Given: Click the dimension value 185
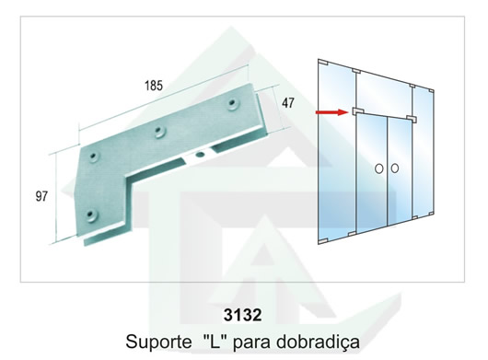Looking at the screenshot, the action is point(154,86).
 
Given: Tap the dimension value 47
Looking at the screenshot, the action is point(287,103).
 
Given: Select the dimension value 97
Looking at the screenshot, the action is point(41,196).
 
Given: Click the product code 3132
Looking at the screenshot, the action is point(242,315).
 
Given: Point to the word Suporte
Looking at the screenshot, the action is point(158,342).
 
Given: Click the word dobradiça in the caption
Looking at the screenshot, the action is point(318,342).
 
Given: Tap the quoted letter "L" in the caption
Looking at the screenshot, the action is point(214,340).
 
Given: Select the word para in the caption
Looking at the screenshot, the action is point(250,343).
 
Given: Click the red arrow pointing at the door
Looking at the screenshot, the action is point(331,112).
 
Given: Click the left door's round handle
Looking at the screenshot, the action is point(378,168).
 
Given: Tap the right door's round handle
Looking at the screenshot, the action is point(395,168).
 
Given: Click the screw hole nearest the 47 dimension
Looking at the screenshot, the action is point(231,104).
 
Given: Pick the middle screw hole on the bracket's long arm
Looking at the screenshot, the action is point(160,132).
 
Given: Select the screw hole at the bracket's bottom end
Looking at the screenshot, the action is point(91,215).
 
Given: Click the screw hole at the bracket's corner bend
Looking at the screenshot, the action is point(93,157).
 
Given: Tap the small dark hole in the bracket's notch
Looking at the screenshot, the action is point(199,154).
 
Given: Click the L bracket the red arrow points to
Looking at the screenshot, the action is point(357,111).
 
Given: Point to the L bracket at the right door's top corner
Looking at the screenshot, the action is point(412,118).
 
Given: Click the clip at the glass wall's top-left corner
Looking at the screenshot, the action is point(323,63).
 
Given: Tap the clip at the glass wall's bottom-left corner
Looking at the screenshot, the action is point(323,241).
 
